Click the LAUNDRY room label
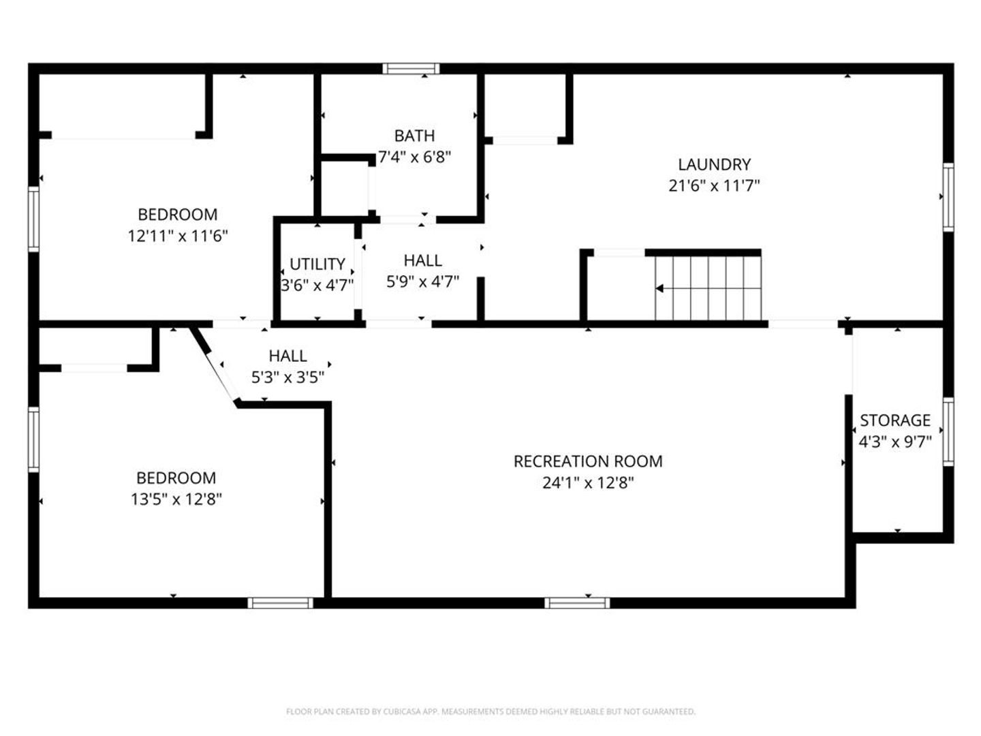coord(714,164)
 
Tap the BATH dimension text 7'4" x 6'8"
coord(414,157)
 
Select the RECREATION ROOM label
coord(588,461)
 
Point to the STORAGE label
coord(895,420)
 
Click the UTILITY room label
coord(317,264)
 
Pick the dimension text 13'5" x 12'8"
coord(176,499)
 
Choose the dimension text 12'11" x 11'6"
coord(178,236)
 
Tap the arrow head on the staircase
coord(659,288)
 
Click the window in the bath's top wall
coord(411,69)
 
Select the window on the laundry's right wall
coord(948,197)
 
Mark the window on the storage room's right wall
coord(948,431)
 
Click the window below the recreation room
coord(577,603)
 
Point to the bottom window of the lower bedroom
coord(281,603)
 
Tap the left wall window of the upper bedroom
coord(33,219)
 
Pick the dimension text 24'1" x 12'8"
coord(588,483)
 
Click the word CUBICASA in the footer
coord(402,711)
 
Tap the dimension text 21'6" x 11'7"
coord(714,186)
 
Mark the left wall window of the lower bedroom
coord(33,440)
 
